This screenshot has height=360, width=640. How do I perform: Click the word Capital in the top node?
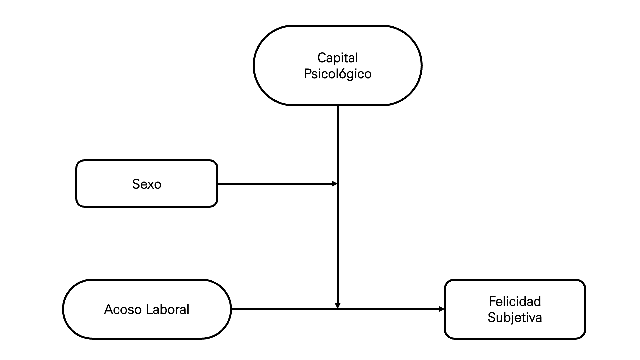click(x=337, y=58)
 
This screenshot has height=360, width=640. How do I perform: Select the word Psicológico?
click(x=337, y=74)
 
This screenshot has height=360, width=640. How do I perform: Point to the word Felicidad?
click(x=515, y=301)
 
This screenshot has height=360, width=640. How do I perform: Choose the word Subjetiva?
click(x=515, y=317)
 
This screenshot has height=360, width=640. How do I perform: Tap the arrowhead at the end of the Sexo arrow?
click(x=335, y=184)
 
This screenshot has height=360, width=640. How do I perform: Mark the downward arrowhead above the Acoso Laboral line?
click(x=337, y=305)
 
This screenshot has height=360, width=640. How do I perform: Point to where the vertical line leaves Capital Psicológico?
click(x=337, y=106)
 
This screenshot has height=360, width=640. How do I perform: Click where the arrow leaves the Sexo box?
click(x=218, y=184)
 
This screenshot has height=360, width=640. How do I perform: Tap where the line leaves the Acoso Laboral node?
click(x=231, y=309)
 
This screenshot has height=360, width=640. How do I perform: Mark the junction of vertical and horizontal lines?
click(x=337, y=309)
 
